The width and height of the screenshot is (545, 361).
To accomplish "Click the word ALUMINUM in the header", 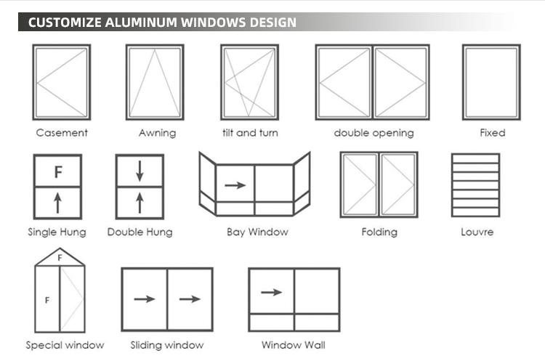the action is coord(141,23).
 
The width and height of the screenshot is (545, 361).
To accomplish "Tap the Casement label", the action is coord(62,133).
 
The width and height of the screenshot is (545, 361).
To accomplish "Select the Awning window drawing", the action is coord(155,82).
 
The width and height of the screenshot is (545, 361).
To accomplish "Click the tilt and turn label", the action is coord(250,133).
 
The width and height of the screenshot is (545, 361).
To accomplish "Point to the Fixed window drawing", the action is coord(491,82).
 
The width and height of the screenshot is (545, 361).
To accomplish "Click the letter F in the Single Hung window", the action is coord(58,172).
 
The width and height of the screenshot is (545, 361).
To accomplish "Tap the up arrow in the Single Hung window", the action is coord(57,203).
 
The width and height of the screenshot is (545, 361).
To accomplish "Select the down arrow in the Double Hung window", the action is coord(140,171).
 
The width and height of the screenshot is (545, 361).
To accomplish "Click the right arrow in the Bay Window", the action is coord(235,185).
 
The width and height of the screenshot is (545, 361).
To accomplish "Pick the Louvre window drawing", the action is coord(475,185).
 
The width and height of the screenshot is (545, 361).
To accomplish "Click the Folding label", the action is coord(379,232).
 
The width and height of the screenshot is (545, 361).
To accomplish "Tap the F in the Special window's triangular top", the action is coord(60,258).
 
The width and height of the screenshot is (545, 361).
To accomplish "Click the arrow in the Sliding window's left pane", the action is coord(145,299).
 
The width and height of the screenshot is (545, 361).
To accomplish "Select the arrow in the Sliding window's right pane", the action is coord(190,299).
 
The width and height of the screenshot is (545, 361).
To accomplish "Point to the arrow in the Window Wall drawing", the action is coord(272,292).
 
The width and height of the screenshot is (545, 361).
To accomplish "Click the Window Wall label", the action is coord(294,345).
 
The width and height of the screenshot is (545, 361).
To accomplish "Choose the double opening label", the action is coord(374,133).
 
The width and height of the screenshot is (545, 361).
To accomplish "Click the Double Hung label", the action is coord(140,232).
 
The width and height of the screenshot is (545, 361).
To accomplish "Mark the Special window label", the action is coord(65,345).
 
